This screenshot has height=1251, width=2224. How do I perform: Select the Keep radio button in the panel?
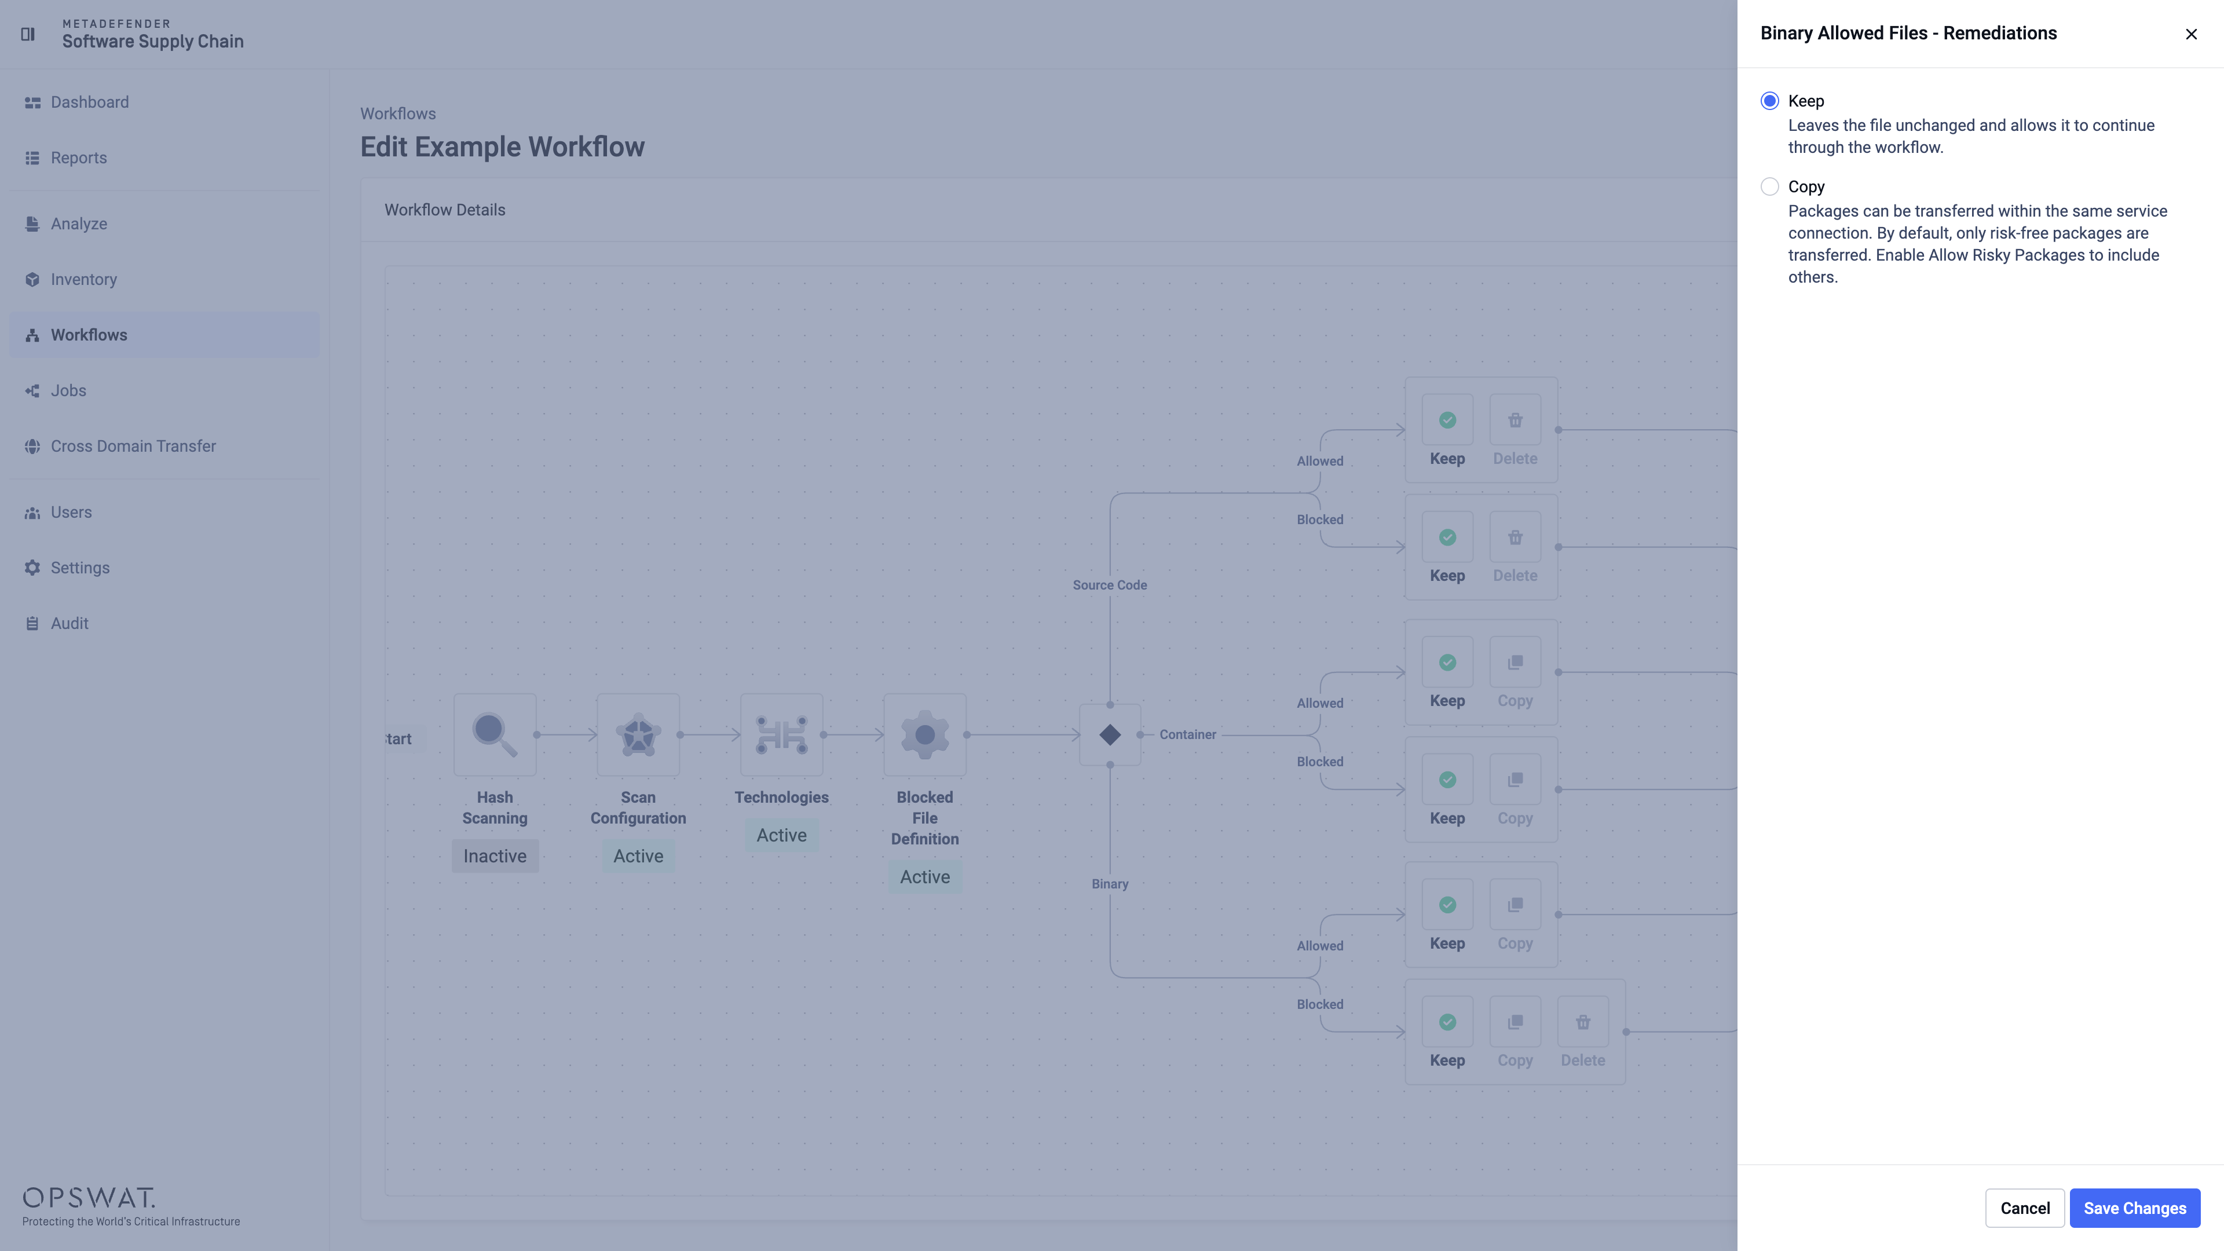click(1769, 101)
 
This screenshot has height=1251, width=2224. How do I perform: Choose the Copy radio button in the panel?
click(1769, 186)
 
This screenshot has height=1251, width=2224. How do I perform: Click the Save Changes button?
click(2134, 1208)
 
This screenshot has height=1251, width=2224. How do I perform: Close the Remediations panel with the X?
click(2191, 34)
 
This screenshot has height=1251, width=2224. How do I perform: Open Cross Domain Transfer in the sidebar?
click(133, 447)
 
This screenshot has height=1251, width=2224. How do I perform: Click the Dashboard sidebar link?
click(90, 102)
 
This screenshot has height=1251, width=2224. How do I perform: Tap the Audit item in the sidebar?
click(69, 623)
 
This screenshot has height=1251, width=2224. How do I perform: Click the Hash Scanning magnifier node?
click(495, 735)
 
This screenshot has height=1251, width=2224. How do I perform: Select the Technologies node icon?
click(781, 735)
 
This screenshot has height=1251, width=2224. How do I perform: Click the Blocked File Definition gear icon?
click(925, 735)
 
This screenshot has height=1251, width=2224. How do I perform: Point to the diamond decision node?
click(1110, 735)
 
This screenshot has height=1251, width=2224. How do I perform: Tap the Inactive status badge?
click(495, 855)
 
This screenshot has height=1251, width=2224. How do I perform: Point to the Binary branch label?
click(1110, 884)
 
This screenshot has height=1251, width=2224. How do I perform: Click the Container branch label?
click(1187, 735)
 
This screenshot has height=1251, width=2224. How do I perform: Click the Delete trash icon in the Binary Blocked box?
click(1582, 1022)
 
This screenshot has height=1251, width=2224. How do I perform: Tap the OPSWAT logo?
click(89, 1198)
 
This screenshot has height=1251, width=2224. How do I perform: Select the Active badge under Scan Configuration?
click(638, 855)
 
